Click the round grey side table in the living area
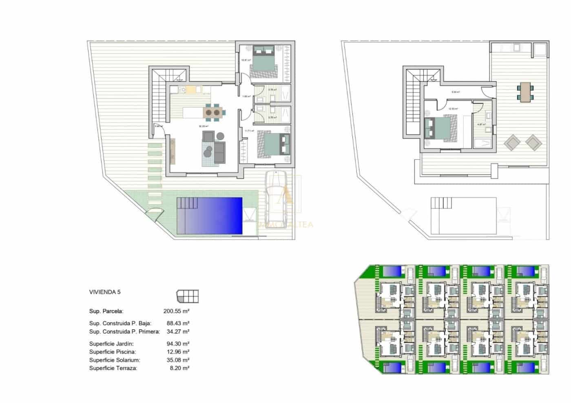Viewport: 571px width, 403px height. coord(221,136)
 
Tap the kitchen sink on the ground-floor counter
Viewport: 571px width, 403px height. coord(182,89)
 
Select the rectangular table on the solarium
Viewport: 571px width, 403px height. coord(525,92)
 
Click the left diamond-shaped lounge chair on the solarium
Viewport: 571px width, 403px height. coord(512,142)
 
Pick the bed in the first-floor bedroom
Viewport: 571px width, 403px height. coord(438,129)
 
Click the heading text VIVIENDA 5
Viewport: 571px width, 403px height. coord(105,292)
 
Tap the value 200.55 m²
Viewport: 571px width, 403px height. coord(176,311)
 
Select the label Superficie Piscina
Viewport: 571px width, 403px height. coord(113,352)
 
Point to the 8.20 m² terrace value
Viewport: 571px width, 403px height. coord(179,368)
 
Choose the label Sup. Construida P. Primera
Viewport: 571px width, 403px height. coord(124,332)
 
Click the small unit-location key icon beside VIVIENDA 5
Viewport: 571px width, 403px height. coord(188,296)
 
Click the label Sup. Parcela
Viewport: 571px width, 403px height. coord(106,311)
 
